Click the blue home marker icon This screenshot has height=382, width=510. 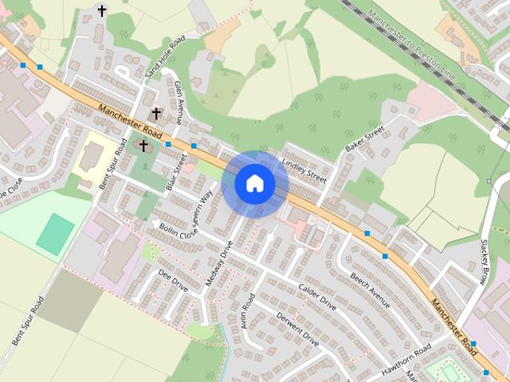coord(255,184)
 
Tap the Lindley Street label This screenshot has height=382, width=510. coord(304,170)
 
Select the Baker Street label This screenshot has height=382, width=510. coord(364,138)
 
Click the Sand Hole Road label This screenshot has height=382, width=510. coord(165,56)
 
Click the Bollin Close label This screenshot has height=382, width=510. coord(177,232)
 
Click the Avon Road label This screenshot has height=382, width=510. coord(248,311)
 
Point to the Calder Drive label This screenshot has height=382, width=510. coord(317,296)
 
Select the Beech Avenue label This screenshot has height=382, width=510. coord(369,290)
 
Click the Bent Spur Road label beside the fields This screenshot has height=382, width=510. coord(27,321)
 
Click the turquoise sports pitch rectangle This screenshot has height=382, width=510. coord(55,234)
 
